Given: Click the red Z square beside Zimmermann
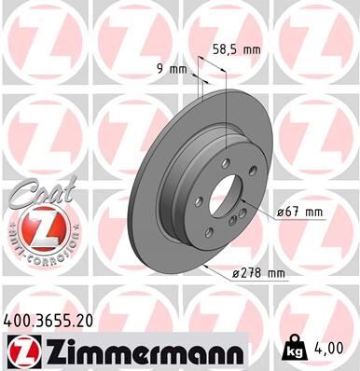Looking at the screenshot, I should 21,350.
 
